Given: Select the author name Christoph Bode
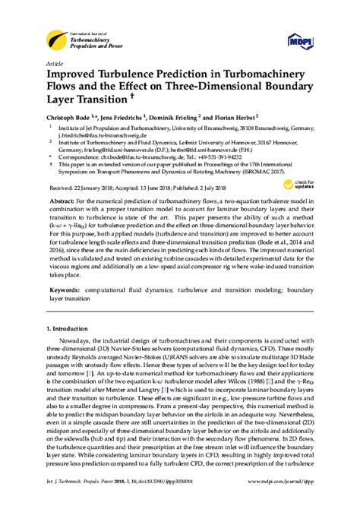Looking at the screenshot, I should click(69, 119).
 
